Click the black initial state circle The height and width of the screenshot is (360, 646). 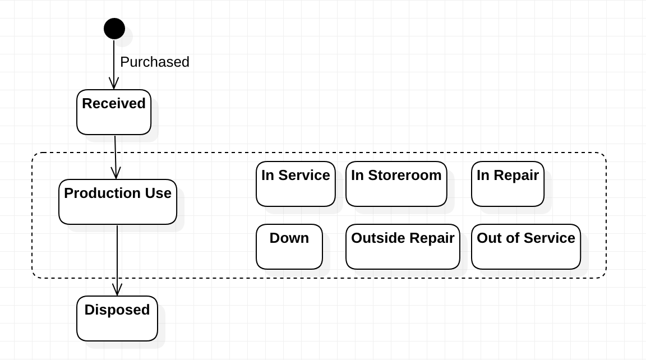114,29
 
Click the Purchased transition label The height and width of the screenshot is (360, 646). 155,62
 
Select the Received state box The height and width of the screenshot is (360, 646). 114,112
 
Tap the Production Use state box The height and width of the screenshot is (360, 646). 117,202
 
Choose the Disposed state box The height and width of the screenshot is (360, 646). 117,319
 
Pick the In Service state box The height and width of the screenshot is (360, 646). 296,184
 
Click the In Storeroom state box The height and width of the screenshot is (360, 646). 396,184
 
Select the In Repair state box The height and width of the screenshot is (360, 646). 507,184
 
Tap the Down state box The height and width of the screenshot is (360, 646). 289,247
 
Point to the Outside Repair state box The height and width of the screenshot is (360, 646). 403,247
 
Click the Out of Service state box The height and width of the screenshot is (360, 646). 525,247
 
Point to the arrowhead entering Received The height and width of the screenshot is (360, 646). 114,84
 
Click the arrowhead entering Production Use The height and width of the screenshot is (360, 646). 116,173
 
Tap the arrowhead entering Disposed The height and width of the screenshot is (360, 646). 117,290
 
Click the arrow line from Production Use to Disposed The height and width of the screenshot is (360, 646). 117,260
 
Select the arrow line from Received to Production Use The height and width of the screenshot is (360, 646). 116,157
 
